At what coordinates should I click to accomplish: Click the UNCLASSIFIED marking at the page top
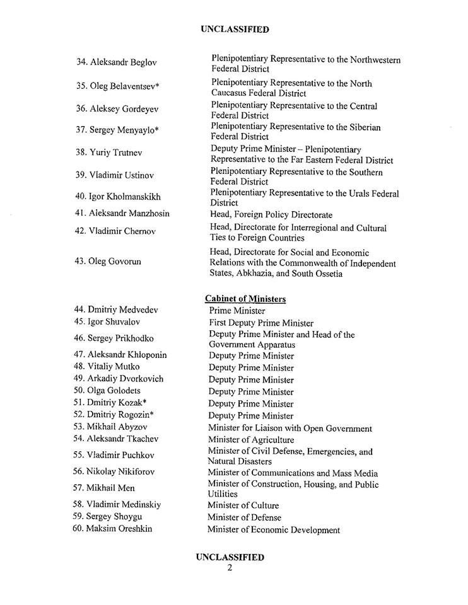pyautogui.click(x=234, y=29)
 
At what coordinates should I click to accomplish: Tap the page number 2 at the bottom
pyautogui.click(x=230, y=568)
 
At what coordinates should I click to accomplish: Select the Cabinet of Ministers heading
pyautogui.click(x=245, y=298)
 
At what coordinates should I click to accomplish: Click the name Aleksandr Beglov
pyautogui.click(x=124, y=62)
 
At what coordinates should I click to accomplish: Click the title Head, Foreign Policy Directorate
pyautogui.click(x=271, y=215)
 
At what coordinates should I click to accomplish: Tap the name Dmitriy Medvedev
pyautogui.click(x=124, y=309)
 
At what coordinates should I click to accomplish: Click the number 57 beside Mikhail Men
pyautogui.click(x=79, y=488)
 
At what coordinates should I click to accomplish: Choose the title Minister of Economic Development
pyautogui.click(x=273, y=530)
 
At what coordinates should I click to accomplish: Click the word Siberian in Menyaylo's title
pyautogui.click(x=360, y=127)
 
